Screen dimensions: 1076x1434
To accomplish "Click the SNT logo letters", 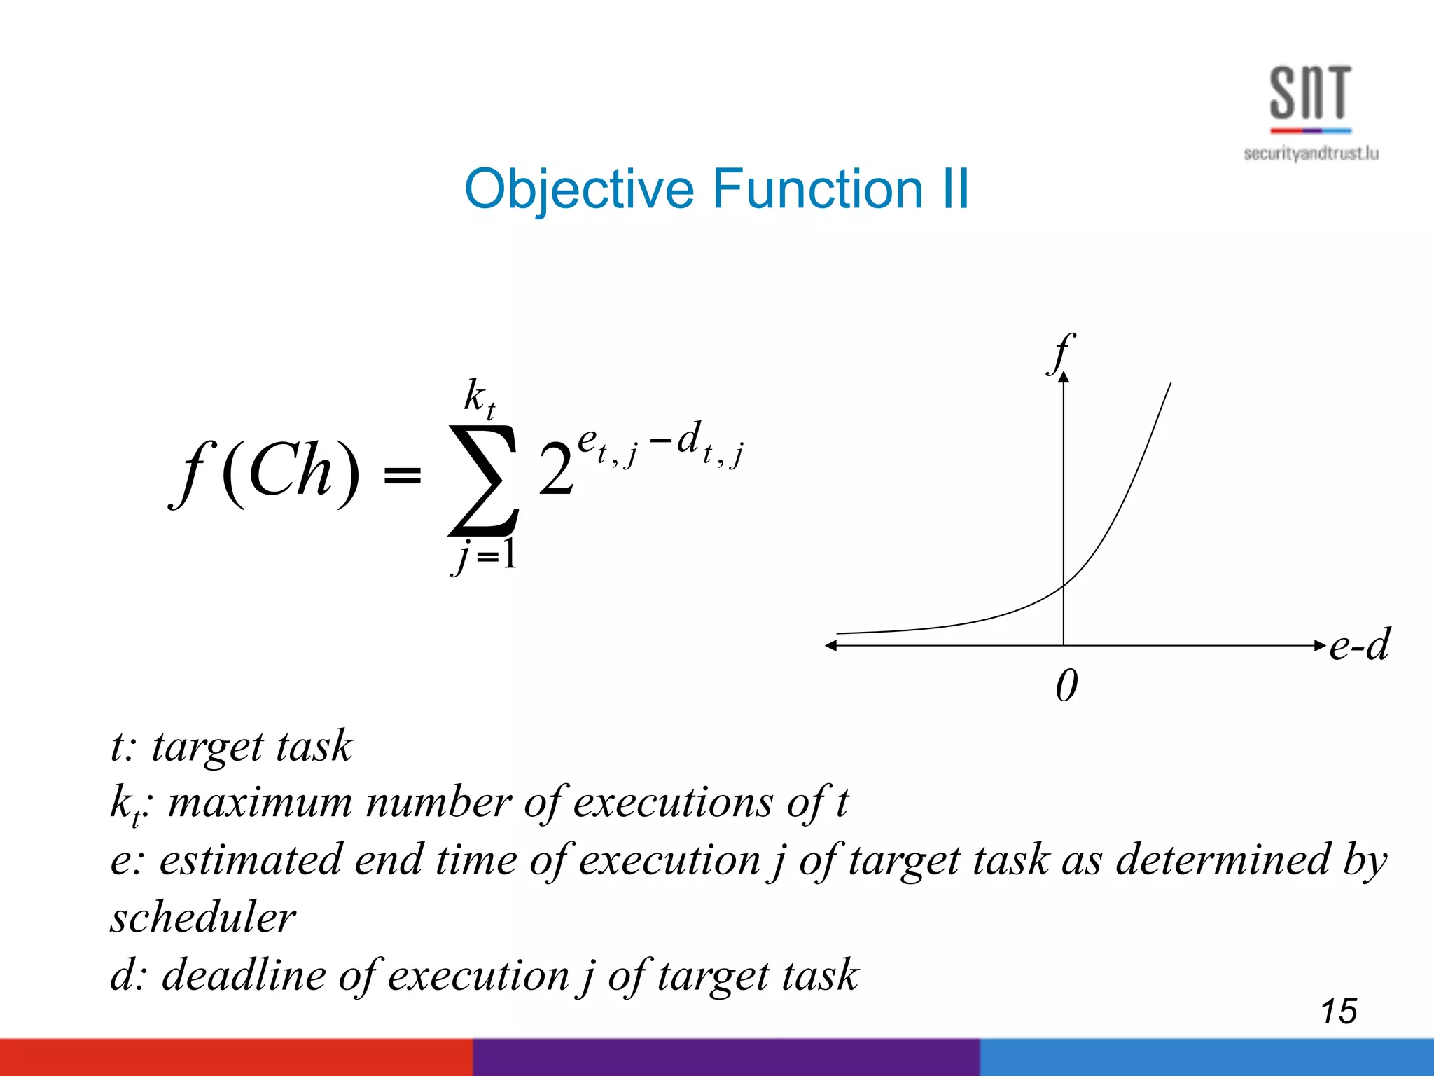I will pos(1309,92).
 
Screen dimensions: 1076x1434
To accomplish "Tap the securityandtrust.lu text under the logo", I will pos(1311,153).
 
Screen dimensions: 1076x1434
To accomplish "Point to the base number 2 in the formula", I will pos(556,471).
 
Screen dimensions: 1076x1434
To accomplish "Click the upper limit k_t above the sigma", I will pos(480,398).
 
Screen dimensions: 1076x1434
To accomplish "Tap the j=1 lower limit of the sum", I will pos(485,556).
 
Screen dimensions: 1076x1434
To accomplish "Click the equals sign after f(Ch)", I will pos(403,476).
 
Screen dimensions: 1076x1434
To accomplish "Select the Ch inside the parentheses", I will pos(289,471).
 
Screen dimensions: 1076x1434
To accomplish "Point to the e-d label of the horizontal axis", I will pos(1358,644).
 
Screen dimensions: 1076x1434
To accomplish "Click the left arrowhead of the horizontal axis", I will pos(831,646).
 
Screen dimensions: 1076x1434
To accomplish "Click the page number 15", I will pos(1338,1012).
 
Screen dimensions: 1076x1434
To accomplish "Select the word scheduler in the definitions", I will pos(203,918).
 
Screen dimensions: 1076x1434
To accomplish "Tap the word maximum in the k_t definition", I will pos(260,802).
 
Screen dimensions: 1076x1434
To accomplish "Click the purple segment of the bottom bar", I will pos(725,1058).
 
